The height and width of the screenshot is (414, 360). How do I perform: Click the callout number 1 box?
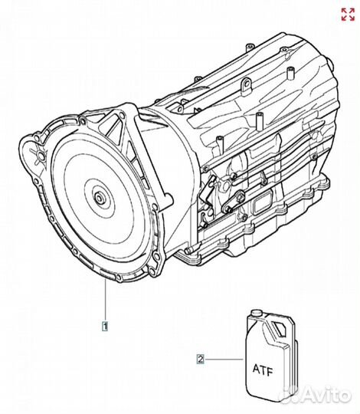105,326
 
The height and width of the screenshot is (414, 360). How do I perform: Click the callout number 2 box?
201,360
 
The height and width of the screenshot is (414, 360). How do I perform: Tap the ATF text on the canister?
263,370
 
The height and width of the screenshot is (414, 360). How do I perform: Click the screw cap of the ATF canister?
256,313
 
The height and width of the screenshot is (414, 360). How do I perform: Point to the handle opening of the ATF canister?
279,329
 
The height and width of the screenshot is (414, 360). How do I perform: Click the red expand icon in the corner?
348,15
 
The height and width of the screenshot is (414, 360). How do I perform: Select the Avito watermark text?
327,396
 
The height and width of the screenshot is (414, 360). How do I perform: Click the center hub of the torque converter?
100,198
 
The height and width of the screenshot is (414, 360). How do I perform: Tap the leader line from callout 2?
223,360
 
